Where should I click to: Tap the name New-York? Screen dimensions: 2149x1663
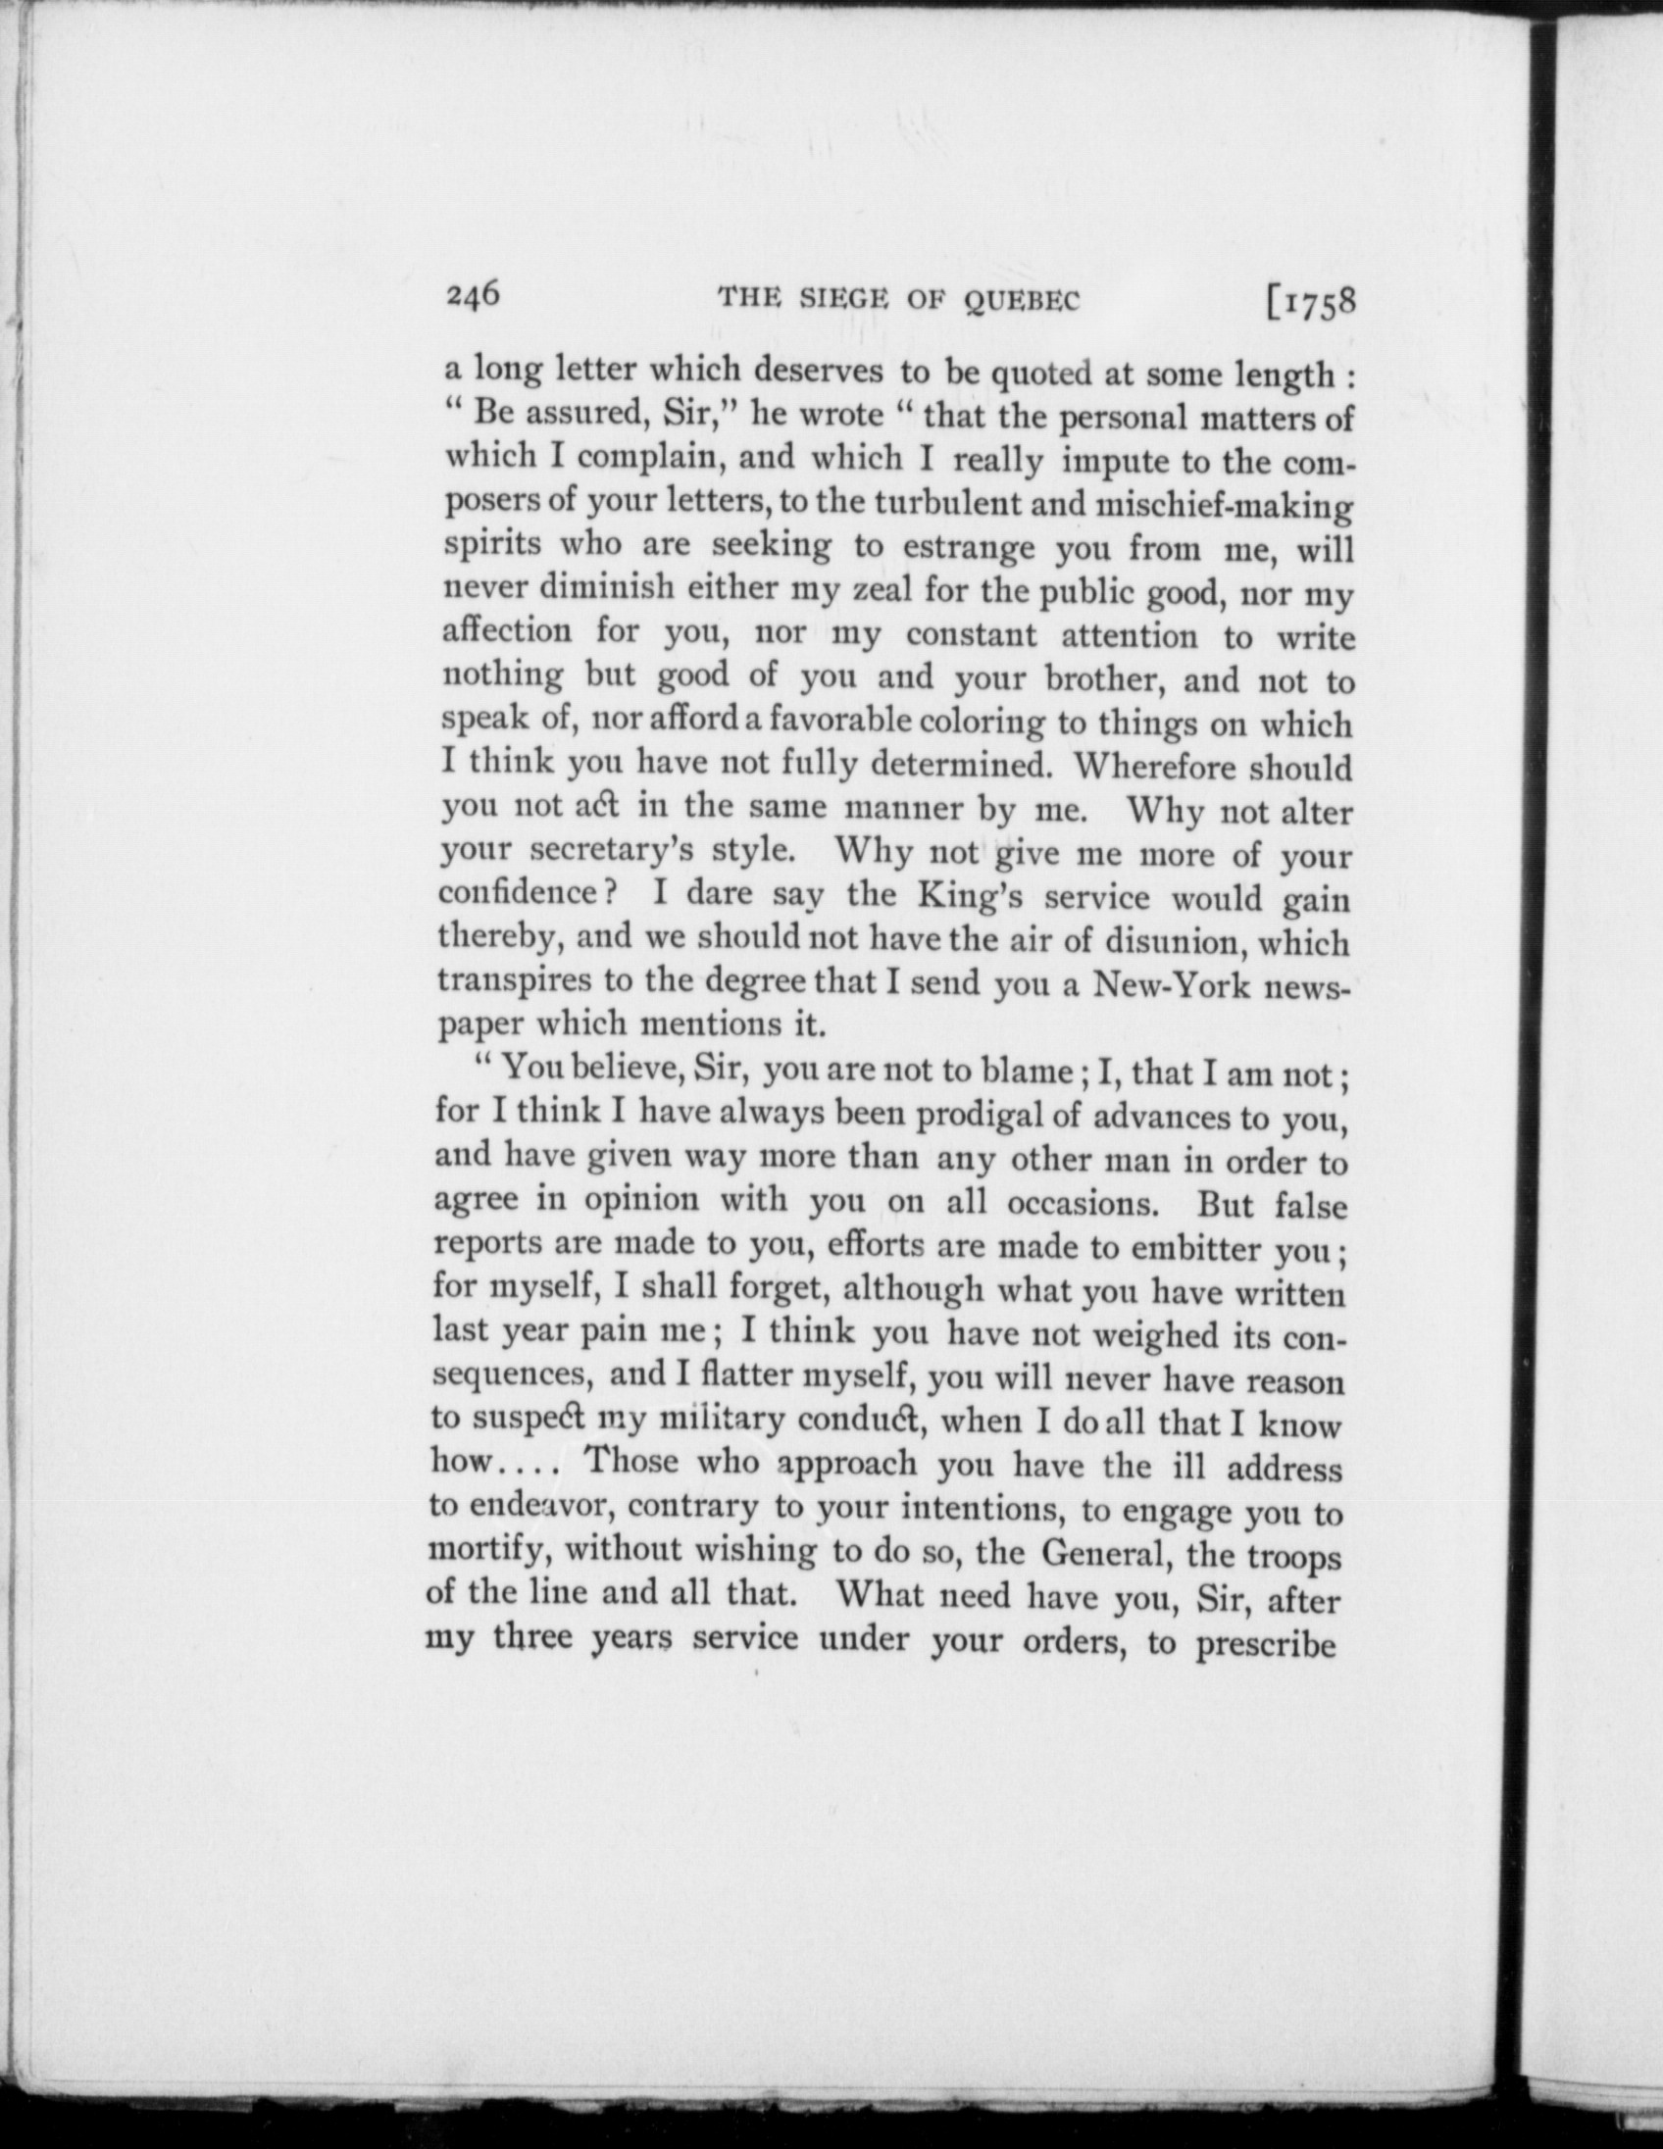click(1170, 984)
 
